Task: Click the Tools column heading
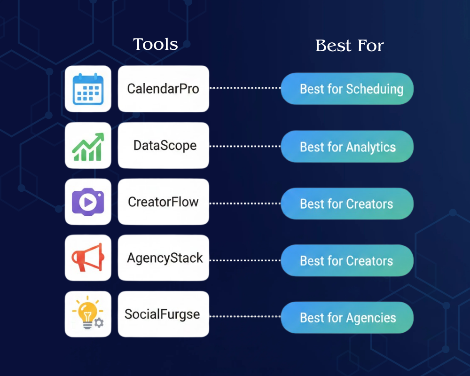click(156, 44)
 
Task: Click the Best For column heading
click(350, 46)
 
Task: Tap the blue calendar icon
click(88, 89)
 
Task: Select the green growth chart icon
click(88, 146)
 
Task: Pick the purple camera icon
click(88, 202)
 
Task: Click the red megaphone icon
click(88, 258)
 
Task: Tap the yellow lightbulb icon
click(87, 314)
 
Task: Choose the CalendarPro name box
click(163, 89)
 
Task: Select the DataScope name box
click(163, 146)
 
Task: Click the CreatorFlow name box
click(163, 202)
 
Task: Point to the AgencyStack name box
click(163, 258)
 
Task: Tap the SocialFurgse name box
click(163, 314)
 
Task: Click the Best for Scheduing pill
click(347, 89)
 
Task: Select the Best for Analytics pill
click(347, 147)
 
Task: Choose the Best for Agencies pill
click(347, 318)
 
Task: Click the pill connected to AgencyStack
click(347, 261)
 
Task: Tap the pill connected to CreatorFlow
click(347, 204)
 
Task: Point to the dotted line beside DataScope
click(244, 146)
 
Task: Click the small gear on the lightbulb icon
click(99, 322)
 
